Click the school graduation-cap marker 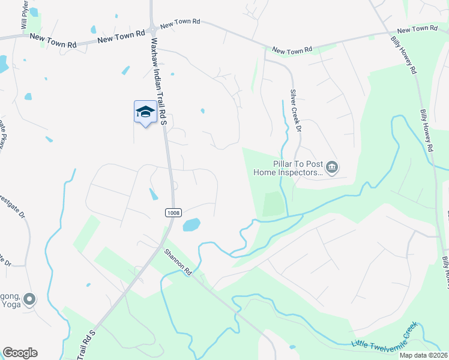point(145,112)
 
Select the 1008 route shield point(174,212)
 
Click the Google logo point(20,353)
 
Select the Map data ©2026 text point(423,355)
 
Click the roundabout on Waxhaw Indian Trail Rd point(153,28)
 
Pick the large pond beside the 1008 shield point(190,225)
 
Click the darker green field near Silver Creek point(273,204)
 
